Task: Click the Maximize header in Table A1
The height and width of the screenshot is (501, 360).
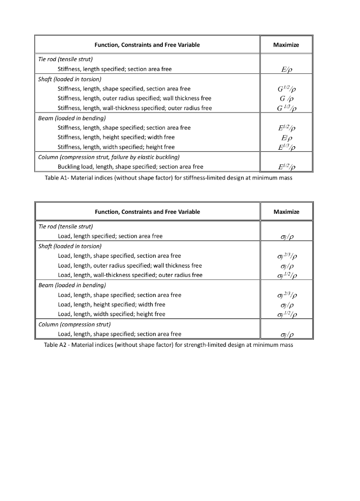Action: [286, 45]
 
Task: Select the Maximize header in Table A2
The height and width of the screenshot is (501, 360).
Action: [286, 212]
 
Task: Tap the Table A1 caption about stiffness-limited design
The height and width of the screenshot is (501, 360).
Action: [169, 178]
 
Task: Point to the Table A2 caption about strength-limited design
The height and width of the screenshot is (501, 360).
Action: [169, 345]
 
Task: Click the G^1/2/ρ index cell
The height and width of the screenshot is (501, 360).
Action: [286, 89]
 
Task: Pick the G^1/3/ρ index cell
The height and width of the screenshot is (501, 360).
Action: [286, 108]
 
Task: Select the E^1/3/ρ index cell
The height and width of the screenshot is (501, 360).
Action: [286, 147]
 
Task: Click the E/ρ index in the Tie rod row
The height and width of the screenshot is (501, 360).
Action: [286, 69]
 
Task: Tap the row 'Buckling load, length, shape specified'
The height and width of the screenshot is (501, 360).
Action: [130, 167]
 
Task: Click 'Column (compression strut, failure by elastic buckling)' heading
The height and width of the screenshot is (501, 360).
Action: [109, 157]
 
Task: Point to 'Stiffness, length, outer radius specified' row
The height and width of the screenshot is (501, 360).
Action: [135, 98]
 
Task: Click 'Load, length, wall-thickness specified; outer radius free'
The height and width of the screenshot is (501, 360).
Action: [130, 275]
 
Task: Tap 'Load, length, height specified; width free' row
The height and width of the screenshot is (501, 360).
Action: [112, 304]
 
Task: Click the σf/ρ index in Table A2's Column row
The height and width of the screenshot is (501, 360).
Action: [286, 335]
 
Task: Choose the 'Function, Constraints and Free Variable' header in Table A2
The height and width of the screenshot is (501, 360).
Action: [147, 212]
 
